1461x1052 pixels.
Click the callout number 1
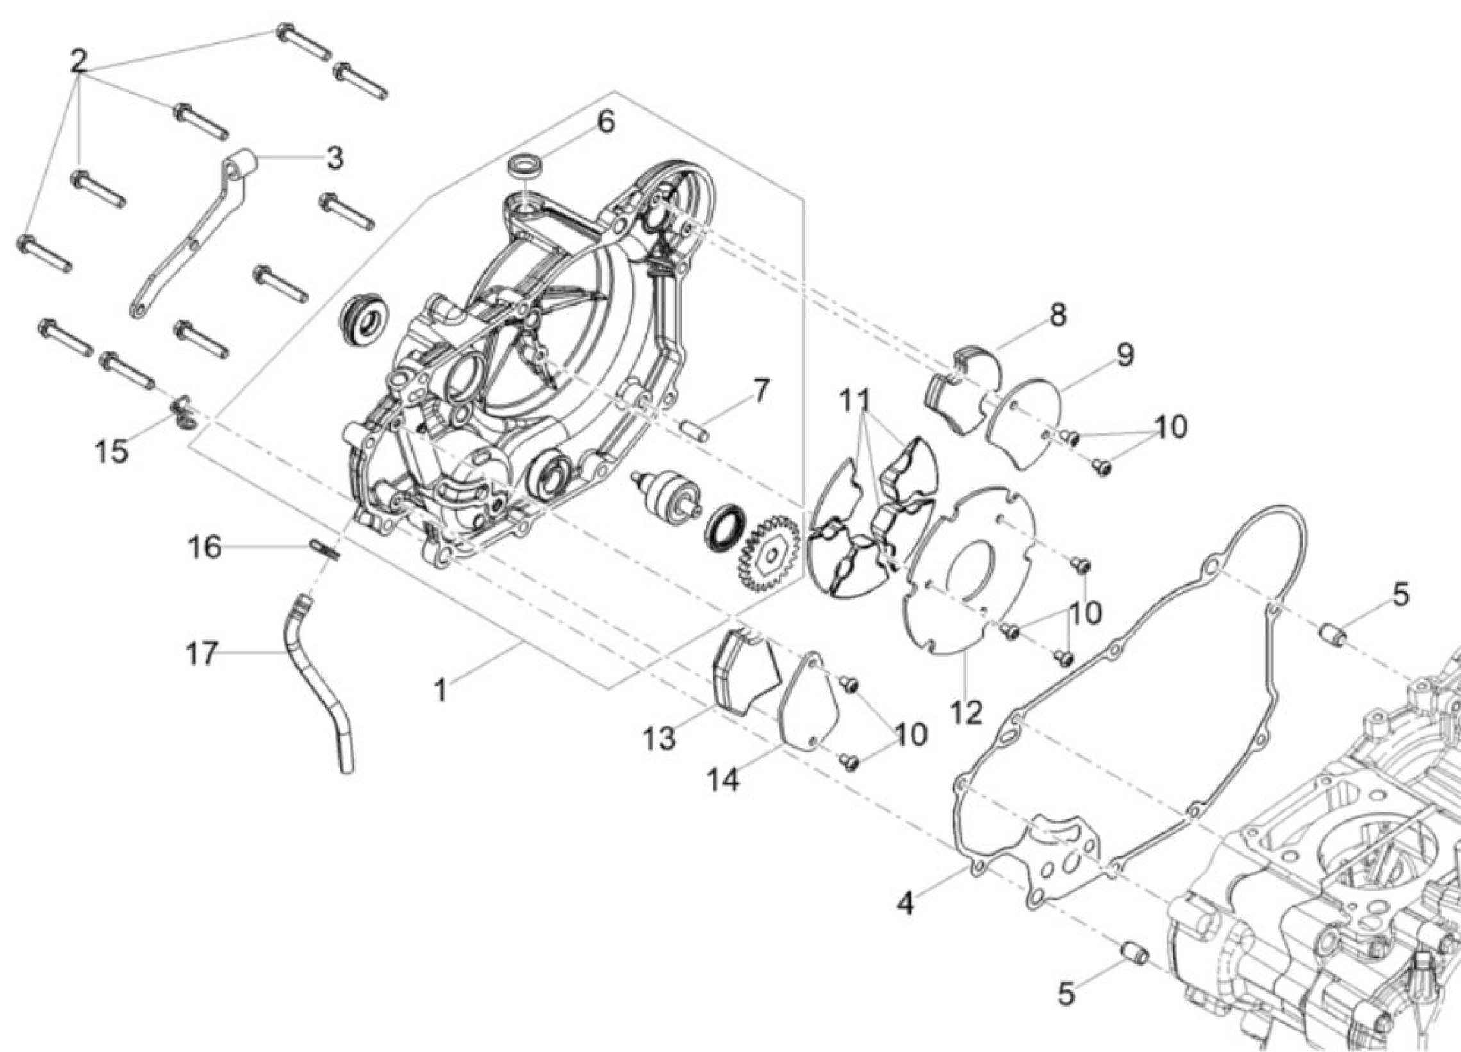point(441,691)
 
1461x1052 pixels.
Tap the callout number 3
point(334,158)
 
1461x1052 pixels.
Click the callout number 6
point(606,122)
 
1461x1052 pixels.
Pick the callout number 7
point(761,391)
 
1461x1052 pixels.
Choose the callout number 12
point(966,713)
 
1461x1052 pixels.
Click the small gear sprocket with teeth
point(768,551)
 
